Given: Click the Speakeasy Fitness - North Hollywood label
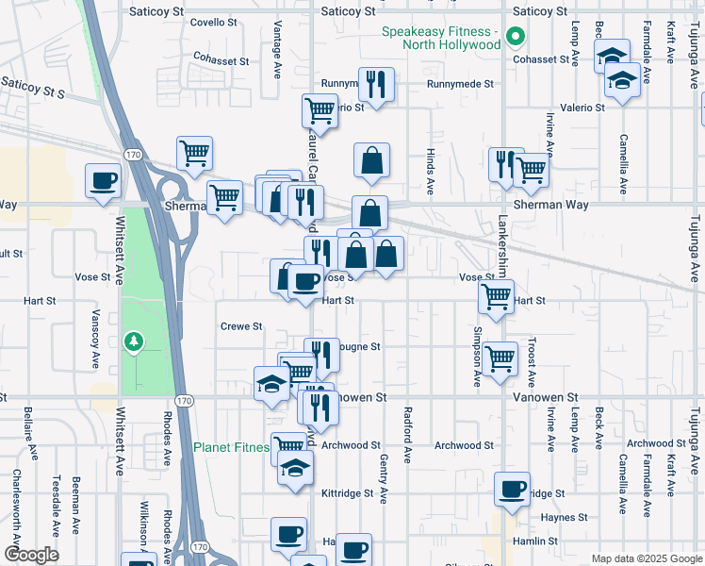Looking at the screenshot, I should (440, 38).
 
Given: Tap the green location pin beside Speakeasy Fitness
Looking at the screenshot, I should (515, 39).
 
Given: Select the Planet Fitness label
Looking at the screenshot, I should (232, 447).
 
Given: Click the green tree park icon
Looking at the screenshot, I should (134, 340).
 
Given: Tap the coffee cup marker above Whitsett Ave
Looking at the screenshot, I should (104, 180).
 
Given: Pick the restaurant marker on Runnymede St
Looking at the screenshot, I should (376, 85).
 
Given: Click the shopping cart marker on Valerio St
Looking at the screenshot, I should (320, 110).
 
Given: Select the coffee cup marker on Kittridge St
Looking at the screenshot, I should (512, 490).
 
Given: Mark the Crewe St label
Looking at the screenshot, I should (240, 326).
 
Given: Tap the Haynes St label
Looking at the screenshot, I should (564, 518).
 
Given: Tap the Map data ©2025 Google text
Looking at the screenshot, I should (646, 558).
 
